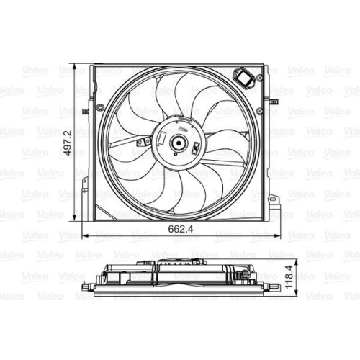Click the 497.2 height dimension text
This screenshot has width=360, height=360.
click(68, 143)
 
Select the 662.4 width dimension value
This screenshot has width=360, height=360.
click(181, 229)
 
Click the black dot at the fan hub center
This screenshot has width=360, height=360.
click(179, 143)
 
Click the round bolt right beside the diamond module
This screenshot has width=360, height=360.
click(259, 78)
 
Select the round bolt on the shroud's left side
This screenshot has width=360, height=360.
click(99, 107)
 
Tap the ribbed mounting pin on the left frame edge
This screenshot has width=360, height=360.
click(85, 112)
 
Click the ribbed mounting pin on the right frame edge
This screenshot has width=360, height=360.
click(274, 102)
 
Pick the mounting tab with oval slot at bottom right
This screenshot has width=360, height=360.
click(274, 199)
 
